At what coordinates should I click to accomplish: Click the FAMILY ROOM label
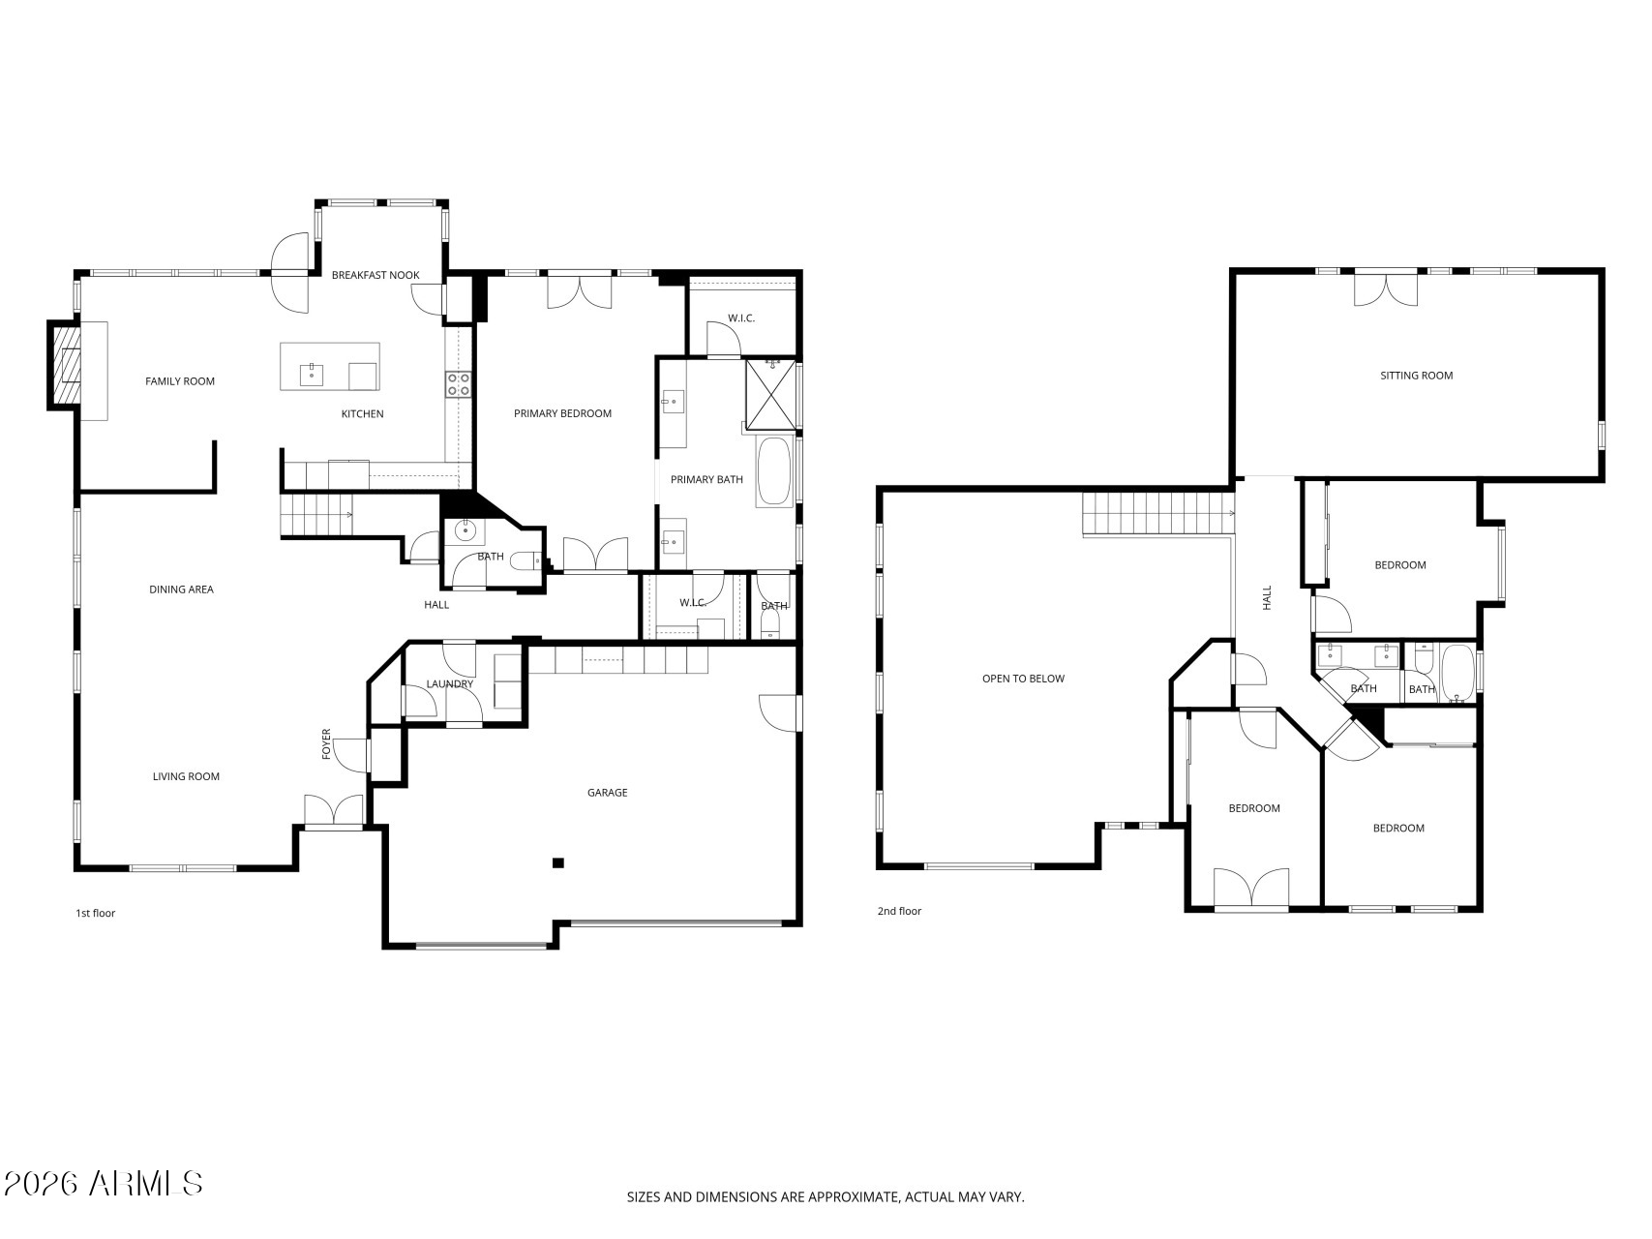(180, 381)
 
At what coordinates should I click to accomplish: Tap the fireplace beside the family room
(66, 366)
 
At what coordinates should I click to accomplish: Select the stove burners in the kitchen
(458, 384)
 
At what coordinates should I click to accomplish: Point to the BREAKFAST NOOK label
(375, 275)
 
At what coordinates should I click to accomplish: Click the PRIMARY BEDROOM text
(562, 413)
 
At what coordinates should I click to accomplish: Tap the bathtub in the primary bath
(774, 471)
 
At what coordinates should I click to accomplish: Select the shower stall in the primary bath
(771, 395)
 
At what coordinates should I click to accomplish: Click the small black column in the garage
(557, 862)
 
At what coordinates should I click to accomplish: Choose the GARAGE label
(607, 793)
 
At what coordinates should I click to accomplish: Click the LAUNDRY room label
(449, 684)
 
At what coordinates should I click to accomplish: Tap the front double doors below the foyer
(333, 811)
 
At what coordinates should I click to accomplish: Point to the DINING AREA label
(181, 589)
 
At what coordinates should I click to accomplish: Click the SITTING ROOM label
(1416, 376)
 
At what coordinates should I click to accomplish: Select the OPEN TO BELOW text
(1023, 679)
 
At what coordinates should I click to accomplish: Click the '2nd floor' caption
(899, 911)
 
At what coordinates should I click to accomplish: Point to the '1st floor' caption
(95, 913)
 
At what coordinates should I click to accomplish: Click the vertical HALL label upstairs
(1267, 597)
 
